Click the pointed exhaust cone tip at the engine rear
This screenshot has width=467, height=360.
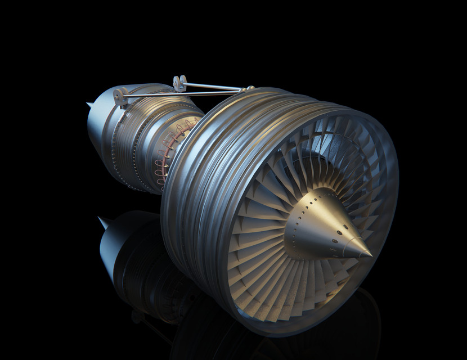(89, 104)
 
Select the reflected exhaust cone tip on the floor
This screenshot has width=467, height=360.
(101, 219)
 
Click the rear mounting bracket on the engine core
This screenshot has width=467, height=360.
(119, 96)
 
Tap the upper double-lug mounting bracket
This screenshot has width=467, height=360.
(180, 83)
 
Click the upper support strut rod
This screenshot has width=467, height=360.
(214, 86)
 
